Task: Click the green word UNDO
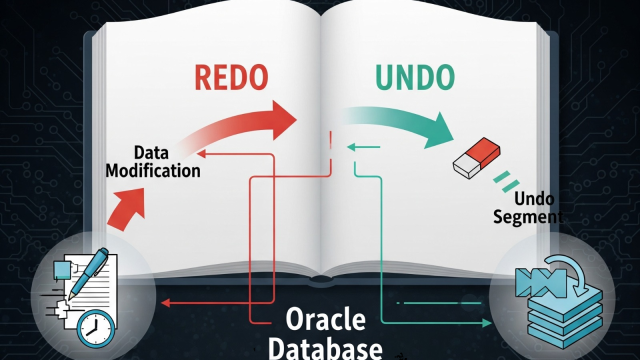click(x=414, y=77)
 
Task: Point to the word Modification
click(x=153, y=170)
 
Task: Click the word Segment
click(x=528, y=217)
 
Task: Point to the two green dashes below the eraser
click(x=503, y=180)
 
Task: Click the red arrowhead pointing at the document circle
click(x=165, y=302)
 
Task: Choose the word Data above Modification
click(x=151, y=152)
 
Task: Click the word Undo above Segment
click(x=534, y=199)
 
